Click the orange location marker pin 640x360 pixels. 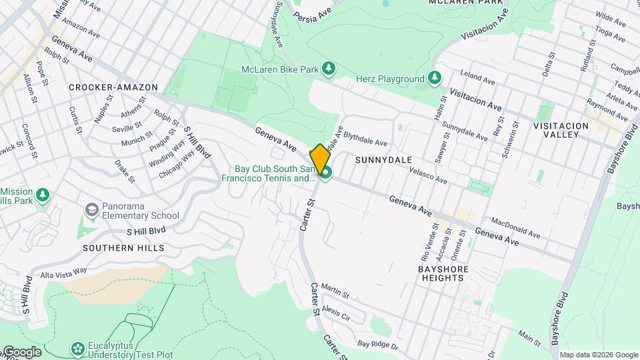[x=320, y=159]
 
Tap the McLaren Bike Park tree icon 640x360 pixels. [x=328, y=68]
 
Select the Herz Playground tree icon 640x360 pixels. [x=435, y=79]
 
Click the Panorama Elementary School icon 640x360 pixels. [x=91, y=211]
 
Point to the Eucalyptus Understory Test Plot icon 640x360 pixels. [x=78, y=349]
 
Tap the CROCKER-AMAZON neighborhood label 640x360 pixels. [x=113, y=87]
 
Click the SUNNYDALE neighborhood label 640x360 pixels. [x=383, y=160]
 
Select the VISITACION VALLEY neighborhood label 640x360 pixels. [x=561, y=130]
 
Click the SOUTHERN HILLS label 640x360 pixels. [x=123, y=248]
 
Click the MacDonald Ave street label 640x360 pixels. [x=515, y=227]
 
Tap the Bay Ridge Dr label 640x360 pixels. [x=377, y=345]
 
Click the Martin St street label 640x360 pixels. [x=335, y=291]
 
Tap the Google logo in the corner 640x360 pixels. [x=21, y=351]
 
